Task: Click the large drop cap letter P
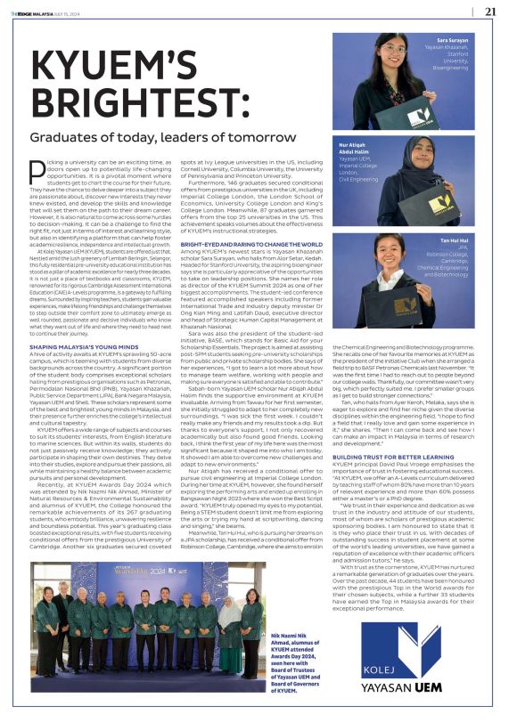tap(37, 171)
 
